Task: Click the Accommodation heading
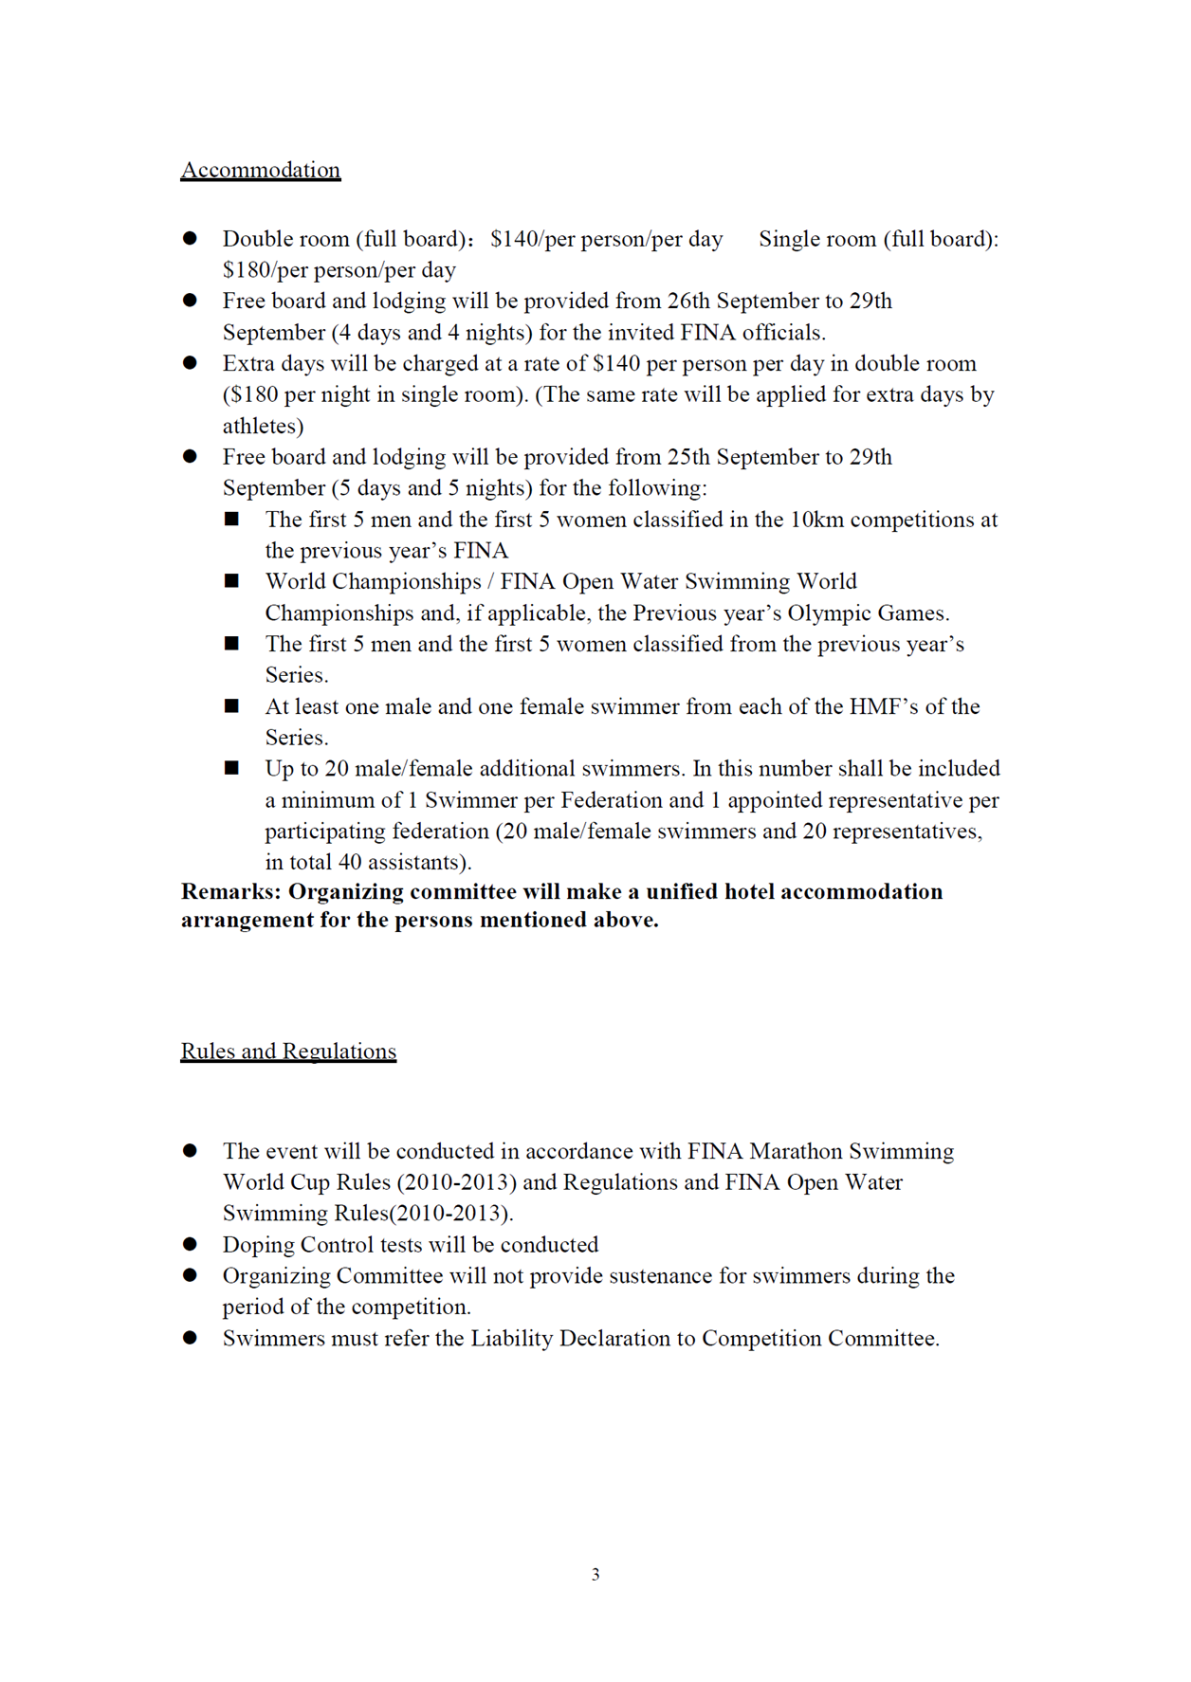[x=260, y=170]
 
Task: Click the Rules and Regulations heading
[x=288, y=1051]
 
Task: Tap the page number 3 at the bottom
[x=595, y=1574]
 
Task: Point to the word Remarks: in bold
[x=230, y=892]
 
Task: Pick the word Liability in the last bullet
[x=512, y=1339]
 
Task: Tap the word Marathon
[x=795, y=1151]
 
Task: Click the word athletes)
[x=263, y=426]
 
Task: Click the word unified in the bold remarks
[x=681, y=892]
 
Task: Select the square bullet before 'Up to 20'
[x=231, y=768]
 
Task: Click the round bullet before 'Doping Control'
[x=190, y=1244]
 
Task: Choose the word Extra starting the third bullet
[x=248, y=364]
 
